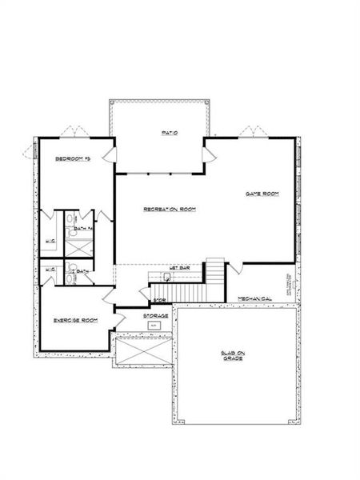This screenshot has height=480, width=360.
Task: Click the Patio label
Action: (x=168, y=133)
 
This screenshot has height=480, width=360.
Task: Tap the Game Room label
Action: (x=261, y=194)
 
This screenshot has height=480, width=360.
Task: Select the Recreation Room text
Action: (x=169, y=210)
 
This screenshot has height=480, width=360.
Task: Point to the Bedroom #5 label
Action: (x=71, y=160)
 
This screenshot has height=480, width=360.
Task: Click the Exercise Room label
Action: (x=76, y=320)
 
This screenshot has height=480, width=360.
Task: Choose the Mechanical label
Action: (x=254, y=299)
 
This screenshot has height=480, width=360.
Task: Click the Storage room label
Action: (x=155, y=316)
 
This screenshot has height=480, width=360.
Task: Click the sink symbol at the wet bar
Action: (x=166, y=278)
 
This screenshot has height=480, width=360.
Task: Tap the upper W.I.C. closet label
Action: (x=49, y=242)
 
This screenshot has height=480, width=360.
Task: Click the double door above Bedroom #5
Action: (x=71, y=130)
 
